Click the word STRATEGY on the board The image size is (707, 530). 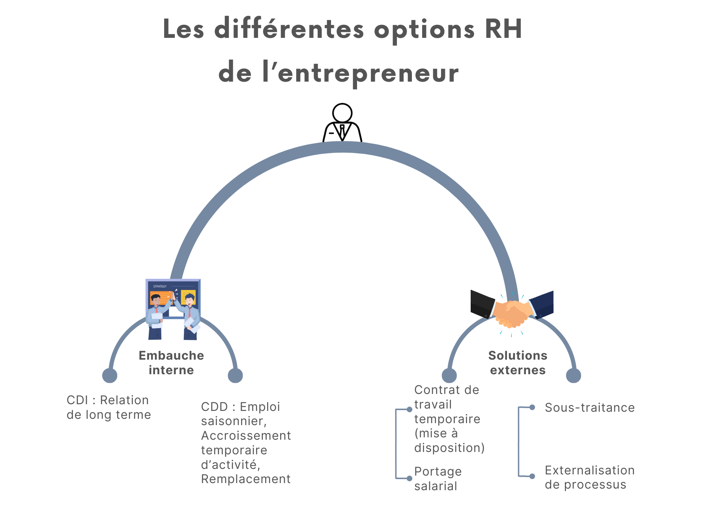click(160, 286)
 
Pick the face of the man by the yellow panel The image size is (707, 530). click(190, 301)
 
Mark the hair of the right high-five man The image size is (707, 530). click(190, 296)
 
